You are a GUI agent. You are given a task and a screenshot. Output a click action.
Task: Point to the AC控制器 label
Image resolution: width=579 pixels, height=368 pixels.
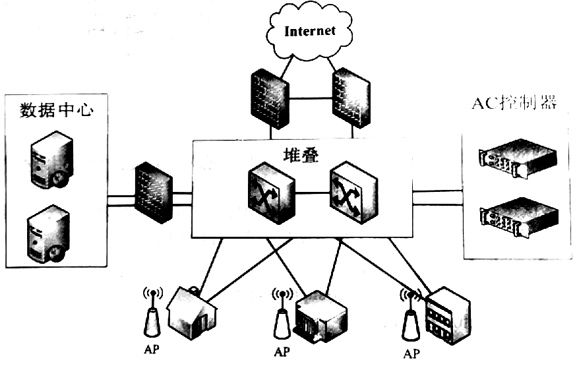tap(515, 103)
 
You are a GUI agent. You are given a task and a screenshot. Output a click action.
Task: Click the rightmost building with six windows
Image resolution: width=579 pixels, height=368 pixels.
tap(448, 315)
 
